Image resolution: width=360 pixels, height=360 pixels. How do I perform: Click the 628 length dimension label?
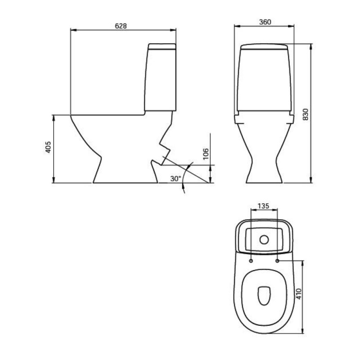[x=121, y=26]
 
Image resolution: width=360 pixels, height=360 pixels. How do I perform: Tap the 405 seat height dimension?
[x=48, y=147]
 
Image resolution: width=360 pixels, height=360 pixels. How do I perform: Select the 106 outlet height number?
[x=206, y=154]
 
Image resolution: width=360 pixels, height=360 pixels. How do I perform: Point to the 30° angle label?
[x=175, y=179]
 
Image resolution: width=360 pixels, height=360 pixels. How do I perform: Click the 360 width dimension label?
[x=265, y=22]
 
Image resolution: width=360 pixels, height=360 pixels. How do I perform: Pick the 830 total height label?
[x=306, y=114]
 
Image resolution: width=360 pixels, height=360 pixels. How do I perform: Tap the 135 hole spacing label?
[x=263, y=206]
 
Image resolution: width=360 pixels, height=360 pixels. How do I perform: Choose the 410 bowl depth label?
[x=298, y=294]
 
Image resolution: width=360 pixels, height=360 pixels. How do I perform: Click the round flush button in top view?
[x=264, y=240]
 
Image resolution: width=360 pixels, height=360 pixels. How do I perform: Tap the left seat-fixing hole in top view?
[x=251, y=261]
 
